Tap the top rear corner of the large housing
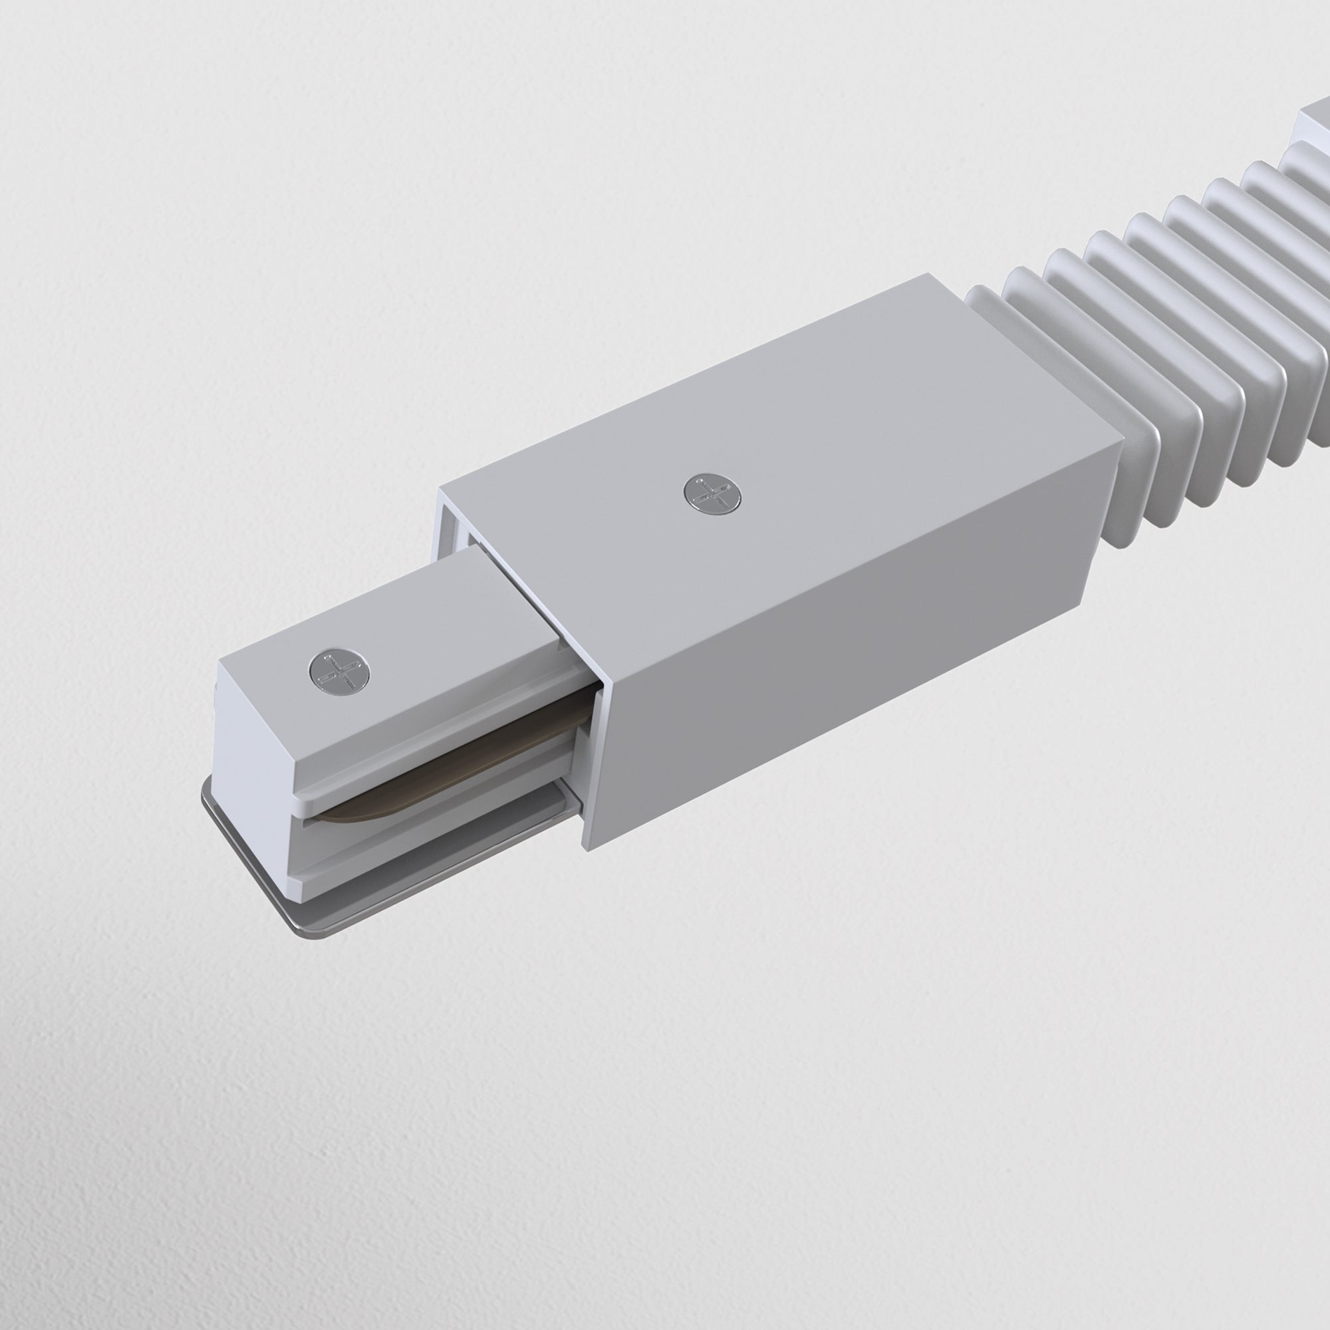click(923, 276)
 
